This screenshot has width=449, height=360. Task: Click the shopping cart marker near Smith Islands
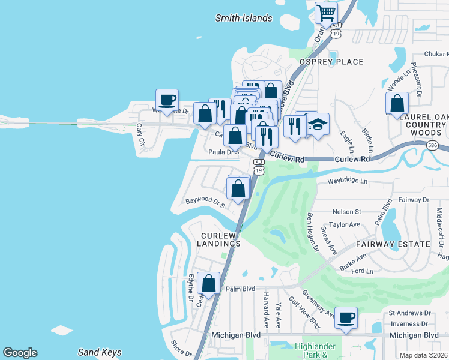pyautogui.click(x=326, y=12)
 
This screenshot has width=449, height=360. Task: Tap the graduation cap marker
pyautogui.click(x=318, y=125)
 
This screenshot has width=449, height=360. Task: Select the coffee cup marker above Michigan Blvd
pyautogui.click(x=345, y=318)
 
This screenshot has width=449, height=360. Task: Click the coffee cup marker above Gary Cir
pyautogui.click(x=167, y=100)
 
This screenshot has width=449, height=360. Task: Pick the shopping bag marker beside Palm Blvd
pyautogui.click(x=208, y=283)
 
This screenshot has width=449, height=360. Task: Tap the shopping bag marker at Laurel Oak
pyautogui.click(x=397, y=103)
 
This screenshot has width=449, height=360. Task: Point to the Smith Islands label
pyautogui.click(x=244, y=18)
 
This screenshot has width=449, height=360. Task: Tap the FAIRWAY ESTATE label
pyautogui.click(x=393, y=244)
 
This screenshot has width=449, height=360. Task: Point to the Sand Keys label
pyautogui.click(x=100, y=352)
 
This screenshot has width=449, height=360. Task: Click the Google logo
pyautogui.click(x=20, y=353)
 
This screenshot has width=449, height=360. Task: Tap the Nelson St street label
pyautogui.click(x=346, y=212)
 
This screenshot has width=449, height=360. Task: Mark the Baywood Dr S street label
pyautogui.click(x=205, y=203)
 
